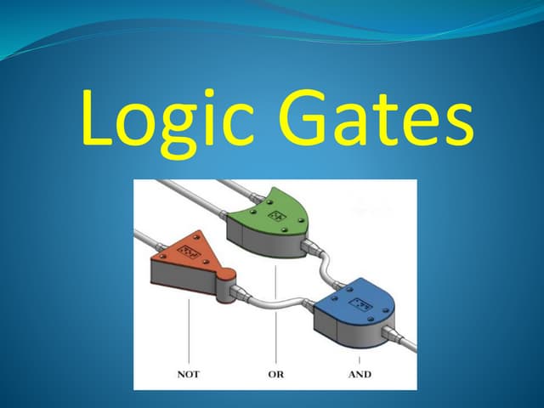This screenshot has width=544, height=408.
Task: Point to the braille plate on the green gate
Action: coord(278,217)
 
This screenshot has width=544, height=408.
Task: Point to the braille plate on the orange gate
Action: coord(192,253)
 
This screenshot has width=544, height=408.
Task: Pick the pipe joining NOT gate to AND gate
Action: coord(276,301)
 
